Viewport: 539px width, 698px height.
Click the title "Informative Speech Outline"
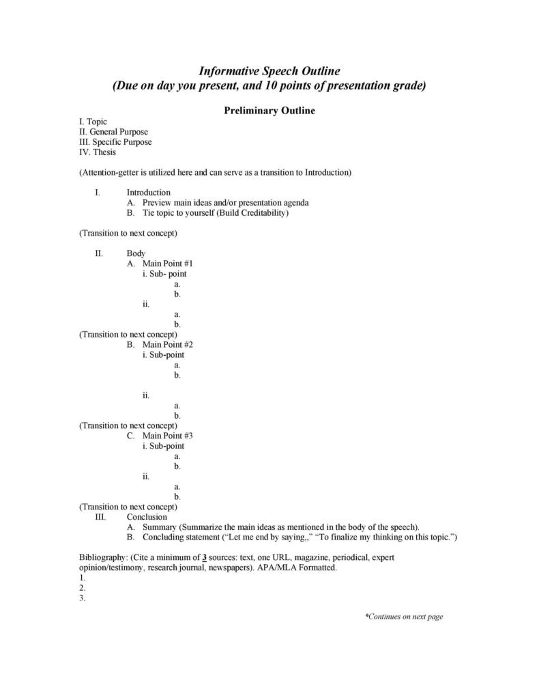point(269,71)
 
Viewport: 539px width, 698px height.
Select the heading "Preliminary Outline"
point(269,110)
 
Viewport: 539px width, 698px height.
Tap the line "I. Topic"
point(93,122)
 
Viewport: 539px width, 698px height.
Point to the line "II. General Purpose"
point(114,132)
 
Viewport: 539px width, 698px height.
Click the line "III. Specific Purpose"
point(115,142)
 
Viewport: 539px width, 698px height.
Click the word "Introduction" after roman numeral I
point(148,193)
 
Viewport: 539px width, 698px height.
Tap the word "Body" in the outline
point(136,253)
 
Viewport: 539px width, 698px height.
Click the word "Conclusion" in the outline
point(147,517)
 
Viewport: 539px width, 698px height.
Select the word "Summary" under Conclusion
point(160,527)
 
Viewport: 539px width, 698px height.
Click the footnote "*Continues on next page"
point(404,617)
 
